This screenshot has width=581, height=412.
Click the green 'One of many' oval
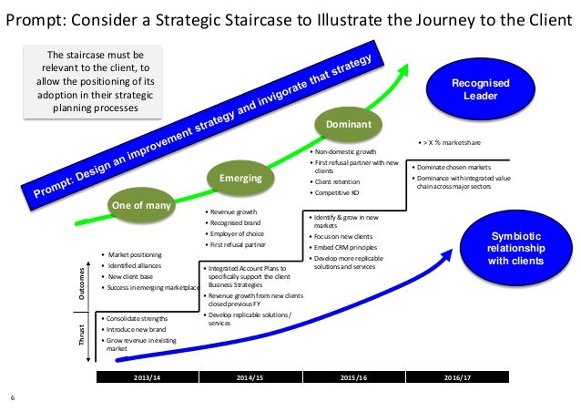pyautogui.click(x=141, y=205)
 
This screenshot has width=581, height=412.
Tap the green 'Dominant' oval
pyautogui.click(x=349, y=123)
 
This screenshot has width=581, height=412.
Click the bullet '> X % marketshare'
pyautogui.click(x=455, y=143)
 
